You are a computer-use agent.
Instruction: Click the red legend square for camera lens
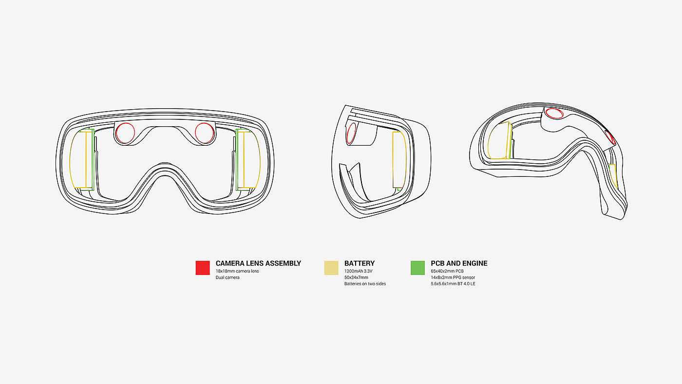[x=203, y=268]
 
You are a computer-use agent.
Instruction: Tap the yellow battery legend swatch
[x=331, y=268]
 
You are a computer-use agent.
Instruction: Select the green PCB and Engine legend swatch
[x=417, y=268]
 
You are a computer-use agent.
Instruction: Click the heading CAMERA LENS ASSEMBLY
[x=258, y=263]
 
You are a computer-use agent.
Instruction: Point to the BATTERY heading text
[x=360, y=263]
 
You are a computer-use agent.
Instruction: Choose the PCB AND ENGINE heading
[x=459, y=263]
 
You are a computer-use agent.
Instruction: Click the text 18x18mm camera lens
[x=237, y=271]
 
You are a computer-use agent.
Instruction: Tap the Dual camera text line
[x=227, y=277]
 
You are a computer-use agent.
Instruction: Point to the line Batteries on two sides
[x=365, y=284]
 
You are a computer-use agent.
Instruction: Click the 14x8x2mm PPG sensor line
[x=453, y=277]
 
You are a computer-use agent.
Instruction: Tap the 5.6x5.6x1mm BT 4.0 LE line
[x=453, y=284]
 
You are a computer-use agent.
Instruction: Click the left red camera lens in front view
[x=125, y=133]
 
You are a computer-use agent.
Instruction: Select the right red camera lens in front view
[x=204, y=133]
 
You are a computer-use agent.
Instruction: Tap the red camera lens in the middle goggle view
[x=351, y=133]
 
